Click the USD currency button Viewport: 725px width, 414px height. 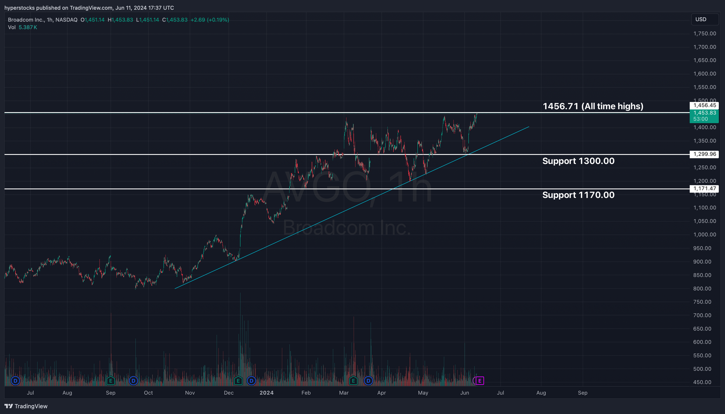(704, 19)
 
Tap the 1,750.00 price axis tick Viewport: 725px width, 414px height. (704, 34)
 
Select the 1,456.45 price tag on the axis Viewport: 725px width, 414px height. (704, 105)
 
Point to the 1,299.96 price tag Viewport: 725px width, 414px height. (704, 154)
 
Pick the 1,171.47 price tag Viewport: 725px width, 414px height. (704, 188)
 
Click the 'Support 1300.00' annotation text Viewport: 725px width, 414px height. (578, 161)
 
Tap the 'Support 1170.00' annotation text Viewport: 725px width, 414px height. (578, 195)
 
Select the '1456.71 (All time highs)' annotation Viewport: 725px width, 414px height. (593, 106)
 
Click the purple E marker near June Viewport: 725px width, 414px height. (480, 381)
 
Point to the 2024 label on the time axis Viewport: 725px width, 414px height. (267, 393)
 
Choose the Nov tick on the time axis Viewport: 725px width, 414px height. (190, 393)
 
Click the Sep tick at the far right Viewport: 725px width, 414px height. (583, 393)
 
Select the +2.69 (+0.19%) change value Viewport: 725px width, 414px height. (210, 20)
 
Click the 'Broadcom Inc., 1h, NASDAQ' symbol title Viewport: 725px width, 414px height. (42, 20)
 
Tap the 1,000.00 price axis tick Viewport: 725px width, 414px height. (704, 234)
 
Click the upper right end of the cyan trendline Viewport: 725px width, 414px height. (529, 127)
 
